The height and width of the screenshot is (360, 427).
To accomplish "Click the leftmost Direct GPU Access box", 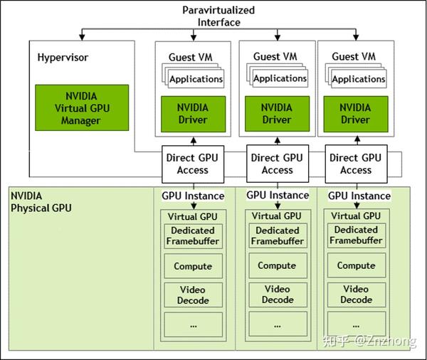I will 192,164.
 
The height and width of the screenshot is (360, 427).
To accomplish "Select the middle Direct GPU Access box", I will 277,164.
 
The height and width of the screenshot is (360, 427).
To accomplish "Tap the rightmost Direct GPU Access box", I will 356,164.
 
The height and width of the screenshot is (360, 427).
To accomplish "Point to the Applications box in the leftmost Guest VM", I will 196,80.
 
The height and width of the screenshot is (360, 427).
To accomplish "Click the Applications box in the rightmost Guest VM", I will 359,80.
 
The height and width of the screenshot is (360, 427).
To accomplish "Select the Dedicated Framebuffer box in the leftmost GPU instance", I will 192,235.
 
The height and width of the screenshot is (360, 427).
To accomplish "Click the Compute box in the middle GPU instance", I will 277,265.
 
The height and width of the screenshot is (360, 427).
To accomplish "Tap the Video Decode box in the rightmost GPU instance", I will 356,295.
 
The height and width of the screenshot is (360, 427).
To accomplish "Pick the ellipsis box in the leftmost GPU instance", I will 192,324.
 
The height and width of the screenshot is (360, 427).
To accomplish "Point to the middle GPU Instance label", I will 278,195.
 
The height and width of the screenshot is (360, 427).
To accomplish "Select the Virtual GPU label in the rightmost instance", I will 356,216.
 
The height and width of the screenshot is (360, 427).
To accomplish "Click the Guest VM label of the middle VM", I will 277,57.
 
